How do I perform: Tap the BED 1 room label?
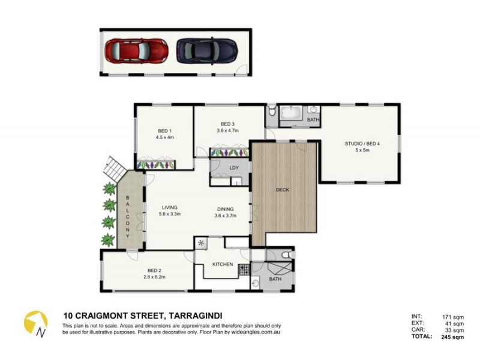point(164,131)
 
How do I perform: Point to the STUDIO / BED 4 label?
point(362,143)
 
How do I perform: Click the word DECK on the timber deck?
point(282,190)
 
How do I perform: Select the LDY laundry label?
point(233,167)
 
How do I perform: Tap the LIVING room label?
point(170,208)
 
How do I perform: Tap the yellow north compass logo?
point(36,323)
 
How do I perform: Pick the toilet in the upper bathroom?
point(272,111)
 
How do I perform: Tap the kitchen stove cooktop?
point(244,270)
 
